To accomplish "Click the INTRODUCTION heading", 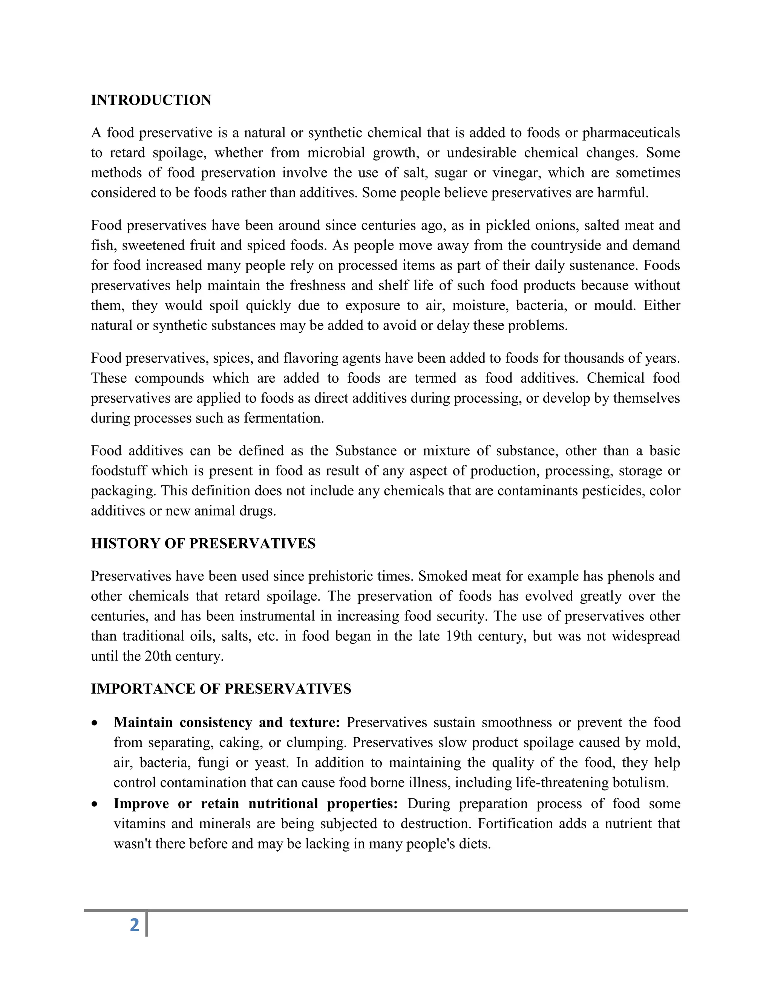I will pyautogui.click(x=151, y=100).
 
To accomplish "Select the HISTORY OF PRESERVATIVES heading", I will pyautogui.click(x=203, y=543).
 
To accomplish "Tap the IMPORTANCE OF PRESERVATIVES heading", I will pyautogui.click(x=221, y=689).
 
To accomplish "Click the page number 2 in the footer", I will pyautogui.click(x=135, y=925).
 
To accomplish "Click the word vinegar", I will pyautogui.click(x=516, y=173).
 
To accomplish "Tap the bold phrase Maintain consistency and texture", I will pyautogui.click(x=227, y=722).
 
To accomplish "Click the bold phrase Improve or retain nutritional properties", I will pyautogui.click(x=255, y=803).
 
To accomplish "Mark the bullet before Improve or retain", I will pyautogui.click(x=95, y=804).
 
